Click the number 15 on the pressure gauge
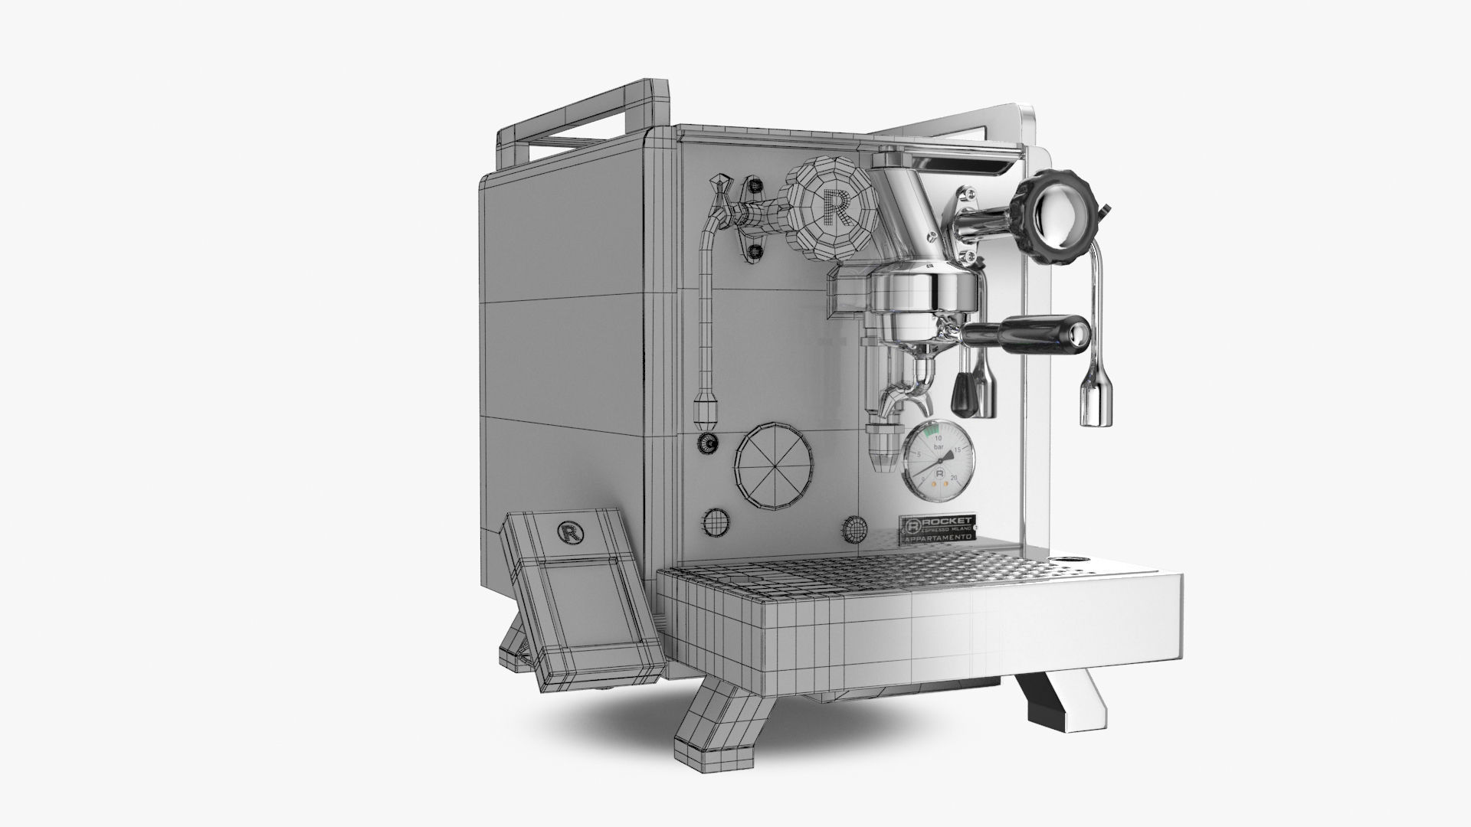(x=958, y=450)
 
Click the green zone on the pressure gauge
(x=932, y=432)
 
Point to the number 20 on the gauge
(x=953, y=479)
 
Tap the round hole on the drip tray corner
(x=1066, y=557)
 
